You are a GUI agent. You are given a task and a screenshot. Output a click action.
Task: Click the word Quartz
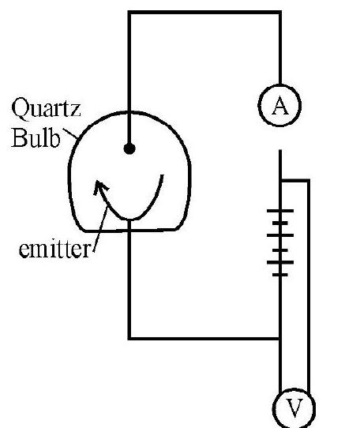(x=46, y=108)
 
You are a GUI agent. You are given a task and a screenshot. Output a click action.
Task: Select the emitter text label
(x=54, y=250)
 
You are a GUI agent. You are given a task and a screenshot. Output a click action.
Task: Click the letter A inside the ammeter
(x=280, y=106)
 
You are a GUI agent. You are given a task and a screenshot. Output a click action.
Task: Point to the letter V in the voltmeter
(x=294, y=408)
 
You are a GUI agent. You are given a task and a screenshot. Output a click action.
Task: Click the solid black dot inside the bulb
(x=129, y=148)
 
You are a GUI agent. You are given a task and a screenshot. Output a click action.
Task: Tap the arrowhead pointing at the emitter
(x=99, y=186)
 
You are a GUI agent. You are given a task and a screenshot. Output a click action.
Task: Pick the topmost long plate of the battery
(x=280, y=211)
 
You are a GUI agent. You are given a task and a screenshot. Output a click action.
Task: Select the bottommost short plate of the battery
(x=280, y=275)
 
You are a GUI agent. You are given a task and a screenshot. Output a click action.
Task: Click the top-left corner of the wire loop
(x=129, y=13)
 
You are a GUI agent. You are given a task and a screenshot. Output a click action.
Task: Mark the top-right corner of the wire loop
(x=280, y=13)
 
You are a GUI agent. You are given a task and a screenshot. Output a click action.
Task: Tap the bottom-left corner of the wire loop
(x=129, y=339)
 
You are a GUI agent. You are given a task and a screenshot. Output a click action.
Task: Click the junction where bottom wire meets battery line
(x=280, y=339)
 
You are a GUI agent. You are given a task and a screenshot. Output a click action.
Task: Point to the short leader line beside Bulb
(x=70, y=133)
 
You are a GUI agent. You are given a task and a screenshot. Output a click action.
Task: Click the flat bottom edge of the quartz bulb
(x=130, y=231)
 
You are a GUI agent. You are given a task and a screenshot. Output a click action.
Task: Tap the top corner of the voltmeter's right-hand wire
(x=309, y=180)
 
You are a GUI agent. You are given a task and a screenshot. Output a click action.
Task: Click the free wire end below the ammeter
(x=280, y=150)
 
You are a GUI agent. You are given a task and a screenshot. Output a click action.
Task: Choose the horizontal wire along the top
(x=204, y=13)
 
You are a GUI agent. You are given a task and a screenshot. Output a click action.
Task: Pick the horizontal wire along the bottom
(x=204, y=339)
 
